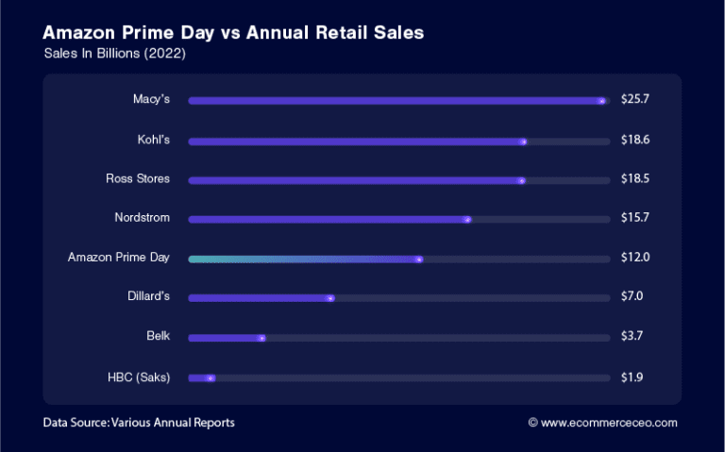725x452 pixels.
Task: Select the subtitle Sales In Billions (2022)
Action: tap(114, 54)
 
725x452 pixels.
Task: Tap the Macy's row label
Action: tap(151, 99)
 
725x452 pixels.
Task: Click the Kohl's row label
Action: tap(153, 139)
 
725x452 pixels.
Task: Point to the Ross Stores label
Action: tap(138, 178)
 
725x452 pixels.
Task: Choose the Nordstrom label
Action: tap(142, 218)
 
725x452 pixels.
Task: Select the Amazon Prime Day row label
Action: tap(119, 258)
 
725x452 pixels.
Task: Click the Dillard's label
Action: tap(147, 297)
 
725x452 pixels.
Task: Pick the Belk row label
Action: tap(158, 337)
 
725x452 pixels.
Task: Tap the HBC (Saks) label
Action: tap(139, 377)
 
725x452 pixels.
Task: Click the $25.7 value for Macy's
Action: tap(635, 99)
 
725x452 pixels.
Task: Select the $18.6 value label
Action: tap(635, 139)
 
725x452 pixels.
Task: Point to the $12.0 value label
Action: tap(635, 258)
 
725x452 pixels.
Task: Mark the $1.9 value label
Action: tap(632, 377)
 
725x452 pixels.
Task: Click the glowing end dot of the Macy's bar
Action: tap(601, 100)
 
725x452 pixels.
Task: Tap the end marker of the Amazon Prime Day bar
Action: tap(418, 259)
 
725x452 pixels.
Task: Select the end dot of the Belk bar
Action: tap(261, 338)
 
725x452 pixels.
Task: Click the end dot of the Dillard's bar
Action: tap(329, 298)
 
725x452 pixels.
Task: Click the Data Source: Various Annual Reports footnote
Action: tap(139, 423)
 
